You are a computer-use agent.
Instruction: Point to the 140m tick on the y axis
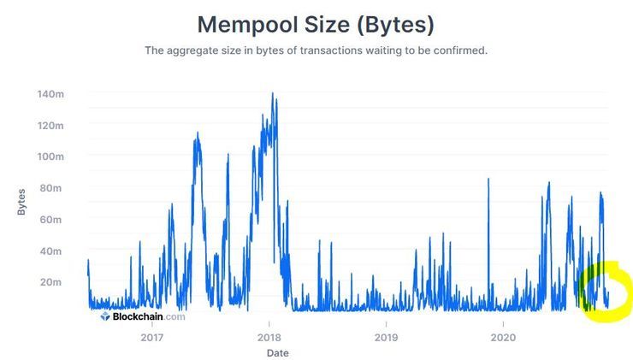click(51, 94)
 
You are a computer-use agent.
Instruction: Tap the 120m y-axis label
click(51, 126)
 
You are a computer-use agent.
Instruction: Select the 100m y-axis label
click(51, 156)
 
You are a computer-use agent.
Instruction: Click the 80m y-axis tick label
click(54, 188)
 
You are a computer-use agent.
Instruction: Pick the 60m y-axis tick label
click(54, 220)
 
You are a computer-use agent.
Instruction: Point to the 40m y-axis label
click(54, 251)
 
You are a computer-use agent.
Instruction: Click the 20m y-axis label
click(54, 282)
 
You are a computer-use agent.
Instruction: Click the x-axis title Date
click(277, 351)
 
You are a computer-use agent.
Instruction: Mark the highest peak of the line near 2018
click(272, 93)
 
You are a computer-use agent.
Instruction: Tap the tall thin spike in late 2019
click(488, 180)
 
